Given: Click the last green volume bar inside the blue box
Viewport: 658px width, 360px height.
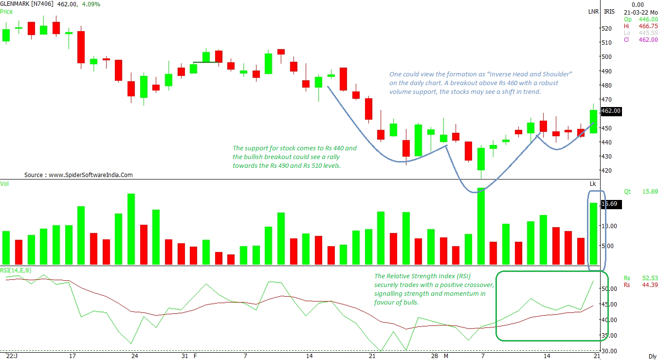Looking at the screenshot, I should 593,233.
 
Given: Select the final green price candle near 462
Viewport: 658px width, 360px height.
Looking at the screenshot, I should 593,121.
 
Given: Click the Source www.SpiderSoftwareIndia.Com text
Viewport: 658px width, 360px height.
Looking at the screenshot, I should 78,175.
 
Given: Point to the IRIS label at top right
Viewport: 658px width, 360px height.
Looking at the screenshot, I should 609,12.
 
